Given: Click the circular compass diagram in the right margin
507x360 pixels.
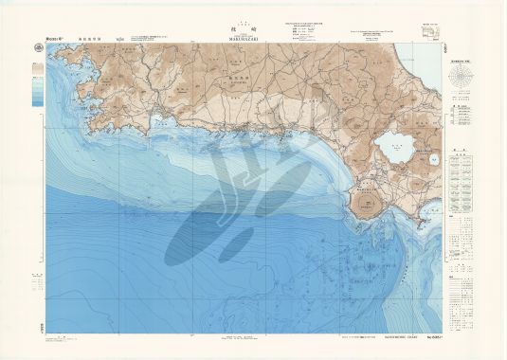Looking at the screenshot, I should (466, 79).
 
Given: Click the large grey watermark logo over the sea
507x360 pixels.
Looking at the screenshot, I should (237, 208).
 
